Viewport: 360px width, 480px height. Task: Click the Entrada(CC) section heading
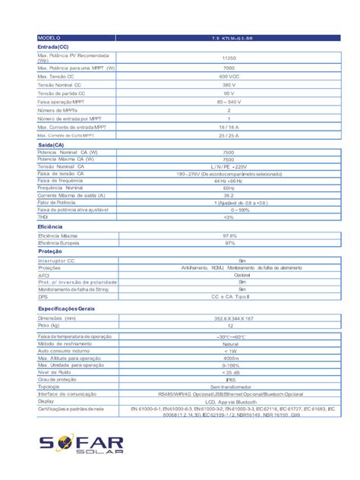53,46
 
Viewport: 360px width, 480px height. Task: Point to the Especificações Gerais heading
67,308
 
